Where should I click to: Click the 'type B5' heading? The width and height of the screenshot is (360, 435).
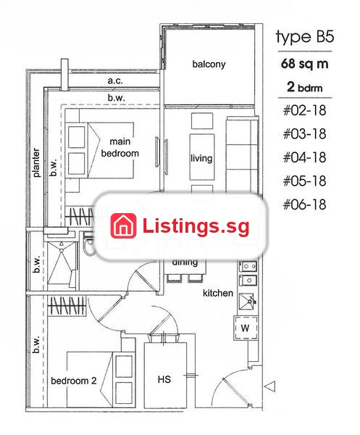coord(305,37)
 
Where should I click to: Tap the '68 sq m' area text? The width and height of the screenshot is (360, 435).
coord(304,64)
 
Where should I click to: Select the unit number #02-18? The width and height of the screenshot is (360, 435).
coord(304,110)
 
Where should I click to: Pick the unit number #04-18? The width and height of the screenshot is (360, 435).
coord(304,157)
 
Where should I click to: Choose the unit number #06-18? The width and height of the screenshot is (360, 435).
coord(304,204)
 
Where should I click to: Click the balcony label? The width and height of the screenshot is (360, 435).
coord(209,64)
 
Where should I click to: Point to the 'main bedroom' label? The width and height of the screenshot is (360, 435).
coord(120,147)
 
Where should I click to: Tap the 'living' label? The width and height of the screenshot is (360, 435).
coord(201,158)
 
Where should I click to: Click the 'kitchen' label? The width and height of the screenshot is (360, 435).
coord(218,293)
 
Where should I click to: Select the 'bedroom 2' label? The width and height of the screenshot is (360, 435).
coord(74,381)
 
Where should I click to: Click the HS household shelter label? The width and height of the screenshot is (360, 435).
coord(164,379)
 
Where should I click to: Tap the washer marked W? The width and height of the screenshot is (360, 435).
coord(246,328)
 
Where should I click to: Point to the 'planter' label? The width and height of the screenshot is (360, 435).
coord(36,162)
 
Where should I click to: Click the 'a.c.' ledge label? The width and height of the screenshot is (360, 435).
coord(115,80)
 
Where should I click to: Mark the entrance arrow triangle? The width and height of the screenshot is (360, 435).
coord(269,386)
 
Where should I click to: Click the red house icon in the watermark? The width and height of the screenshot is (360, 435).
coord(123,225)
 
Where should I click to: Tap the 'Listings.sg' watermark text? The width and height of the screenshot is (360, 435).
coord(196,225)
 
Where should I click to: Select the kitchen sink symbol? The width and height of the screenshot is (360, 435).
coord(246,302)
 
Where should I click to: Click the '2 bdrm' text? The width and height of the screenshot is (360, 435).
coord(304,87)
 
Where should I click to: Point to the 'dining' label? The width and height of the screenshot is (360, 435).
coord(185,262)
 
